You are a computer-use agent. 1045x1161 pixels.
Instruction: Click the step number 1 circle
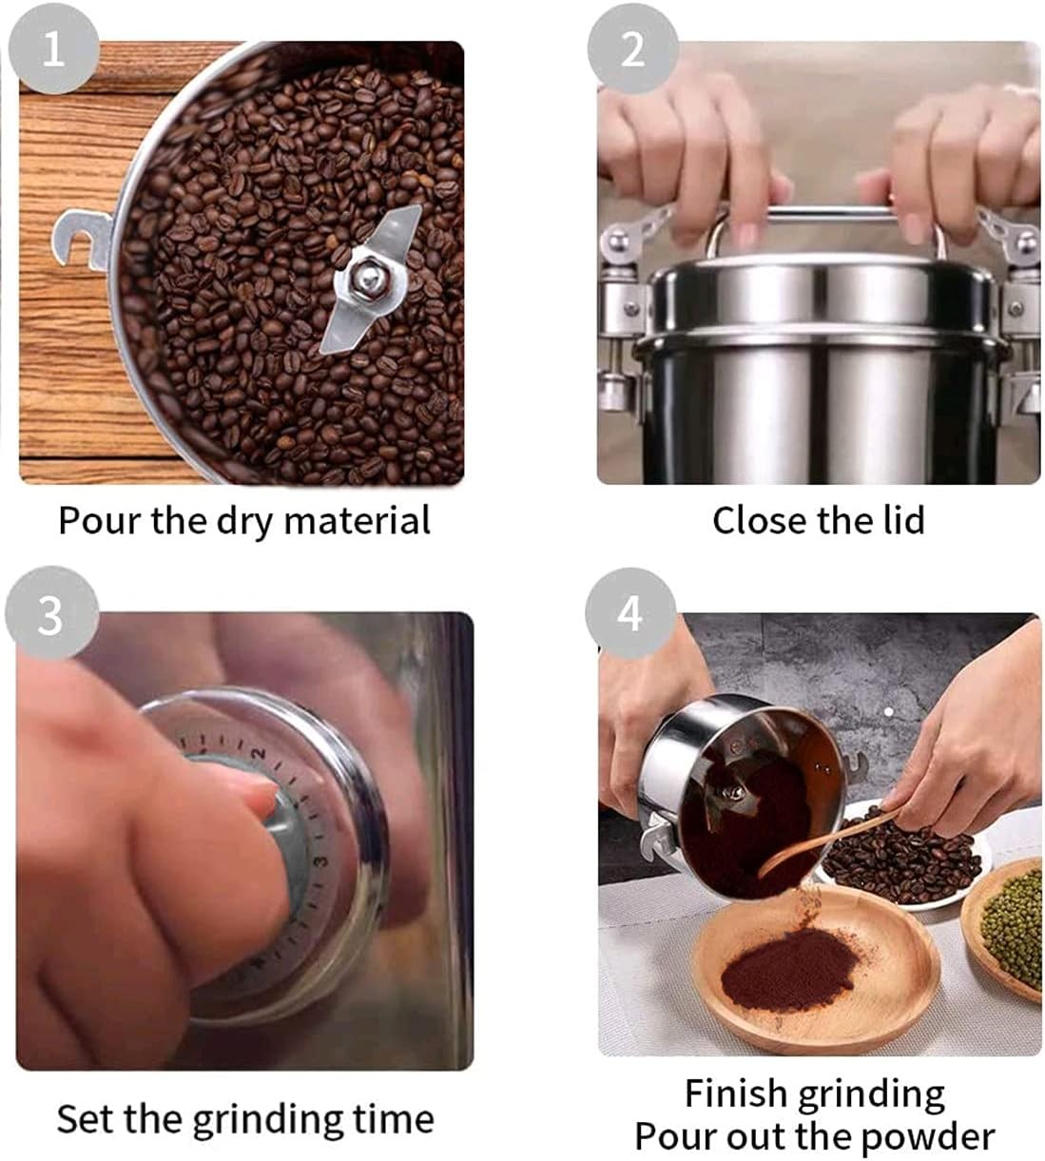[x=52, y=48]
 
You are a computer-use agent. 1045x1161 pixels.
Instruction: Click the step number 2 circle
[x=632, y=48]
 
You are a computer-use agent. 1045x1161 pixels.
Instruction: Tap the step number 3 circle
[x=50, y=615]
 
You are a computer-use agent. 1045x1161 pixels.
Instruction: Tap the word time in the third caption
[x=393, y=1118]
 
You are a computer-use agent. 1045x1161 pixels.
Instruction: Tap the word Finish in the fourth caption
[x=736, y=1093]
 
